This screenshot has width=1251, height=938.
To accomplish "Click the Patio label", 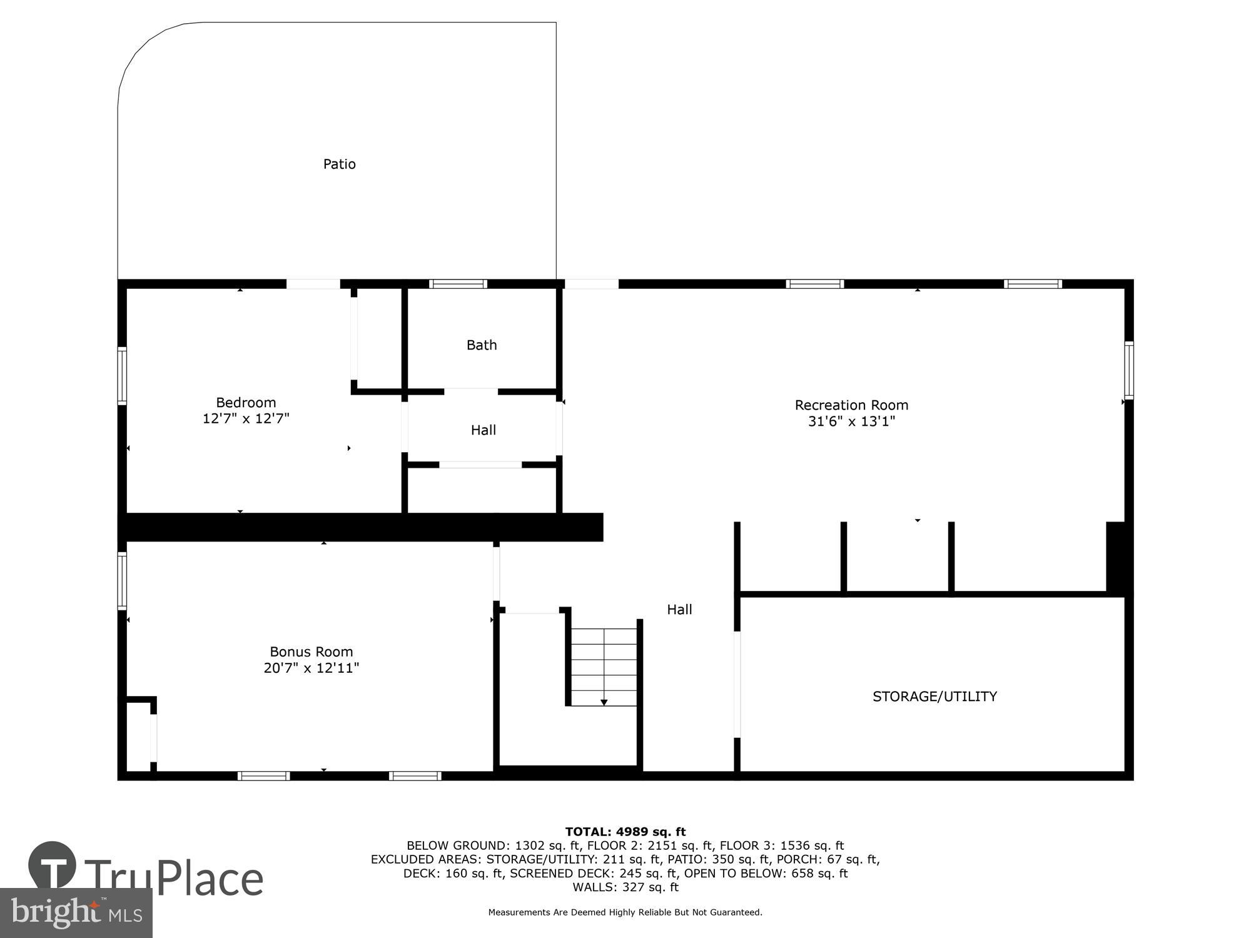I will coord(339,164).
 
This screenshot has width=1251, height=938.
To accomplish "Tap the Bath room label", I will coord(482,345).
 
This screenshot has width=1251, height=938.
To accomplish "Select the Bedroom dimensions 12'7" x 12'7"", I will coord(246,419).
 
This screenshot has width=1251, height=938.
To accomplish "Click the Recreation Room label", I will coord(851,405).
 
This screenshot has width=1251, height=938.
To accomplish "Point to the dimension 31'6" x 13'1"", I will coord(851,421).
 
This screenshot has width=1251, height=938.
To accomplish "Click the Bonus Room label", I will coord(311,652).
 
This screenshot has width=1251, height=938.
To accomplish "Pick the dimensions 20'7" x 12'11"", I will coord(311,668).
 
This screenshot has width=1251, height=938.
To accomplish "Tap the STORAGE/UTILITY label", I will coord(934,697).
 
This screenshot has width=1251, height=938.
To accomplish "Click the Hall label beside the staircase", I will coord(679,610).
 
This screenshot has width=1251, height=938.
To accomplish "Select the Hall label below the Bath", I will coord(483,430).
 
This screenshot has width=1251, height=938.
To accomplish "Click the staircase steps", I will coord(604,667).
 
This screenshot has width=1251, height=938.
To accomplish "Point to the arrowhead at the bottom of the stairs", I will coord(604,703).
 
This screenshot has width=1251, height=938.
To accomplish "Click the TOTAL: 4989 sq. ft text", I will coord(625,832).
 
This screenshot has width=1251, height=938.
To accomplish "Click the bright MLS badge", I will coord(76,913).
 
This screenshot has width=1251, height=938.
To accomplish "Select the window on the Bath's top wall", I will coord(458,284).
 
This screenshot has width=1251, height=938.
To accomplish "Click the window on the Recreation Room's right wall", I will coord(1128,370).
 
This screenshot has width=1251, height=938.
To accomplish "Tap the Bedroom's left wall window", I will coord(123,376).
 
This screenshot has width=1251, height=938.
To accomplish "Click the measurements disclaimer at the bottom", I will coord(625,912).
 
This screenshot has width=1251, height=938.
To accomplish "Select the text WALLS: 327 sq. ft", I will coord(625,887).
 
